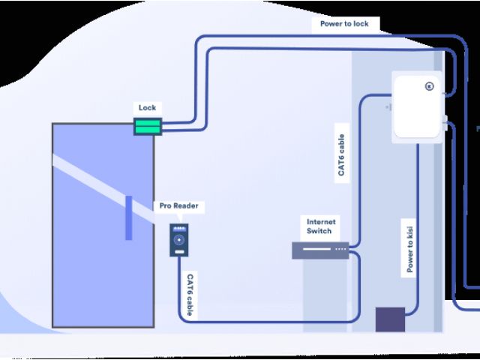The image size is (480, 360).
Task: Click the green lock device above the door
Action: tap(148, 126)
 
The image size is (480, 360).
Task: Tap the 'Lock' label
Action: tap(148, 107)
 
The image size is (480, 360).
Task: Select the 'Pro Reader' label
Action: tap(180, 205)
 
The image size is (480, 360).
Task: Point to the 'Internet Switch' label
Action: tap(320, 226)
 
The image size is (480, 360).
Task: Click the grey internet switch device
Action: tap(320, 250)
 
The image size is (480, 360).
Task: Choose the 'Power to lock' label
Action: tap(344, 23)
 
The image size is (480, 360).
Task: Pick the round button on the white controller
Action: tap(430, 85)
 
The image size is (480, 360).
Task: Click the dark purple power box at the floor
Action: tap(390, 319)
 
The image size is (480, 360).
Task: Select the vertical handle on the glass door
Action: tap(128, 217)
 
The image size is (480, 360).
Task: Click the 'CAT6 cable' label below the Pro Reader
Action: tap(190, 295)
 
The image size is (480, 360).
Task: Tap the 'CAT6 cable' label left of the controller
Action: tap(341, 155)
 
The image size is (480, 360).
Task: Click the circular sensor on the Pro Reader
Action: tap(178, 241)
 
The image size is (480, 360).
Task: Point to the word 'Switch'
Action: tap(320, 231)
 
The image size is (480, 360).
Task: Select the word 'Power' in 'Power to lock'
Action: tap(331, 23)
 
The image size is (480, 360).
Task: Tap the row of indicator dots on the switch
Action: tap(340, 248)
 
